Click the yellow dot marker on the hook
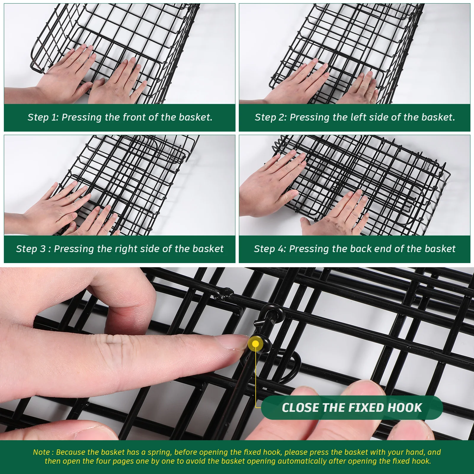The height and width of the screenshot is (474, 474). coord(255,344)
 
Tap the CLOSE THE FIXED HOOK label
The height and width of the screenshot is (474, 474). coord(352,408)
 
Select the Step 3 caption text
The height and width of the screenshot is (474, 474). coord(120,249)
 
